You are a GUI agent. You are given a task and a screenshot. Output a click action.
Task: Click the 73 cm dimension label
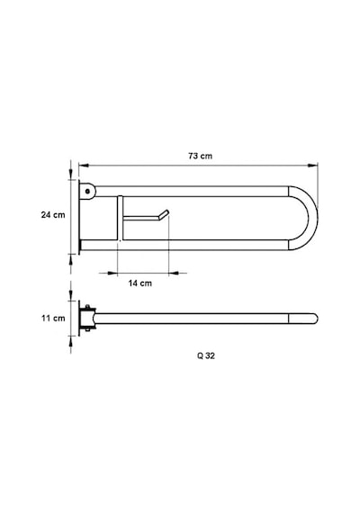[x=200, y=156]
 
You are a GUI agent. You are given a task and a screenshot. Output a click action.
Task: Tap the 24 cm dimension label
[x=53, y=215]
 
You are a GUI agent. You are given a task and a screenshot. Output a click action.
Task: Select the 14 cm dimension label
[x=140, y=283]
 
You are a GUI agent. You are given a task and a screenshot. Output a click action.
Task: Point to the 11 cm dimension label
[x=53, y=318]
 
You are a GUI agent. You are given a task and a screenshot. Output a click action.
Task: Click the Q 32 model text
[x=206, y=355]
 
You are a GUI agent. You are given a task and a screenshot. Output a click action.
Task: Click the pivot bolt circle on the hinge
[x=87, y=192]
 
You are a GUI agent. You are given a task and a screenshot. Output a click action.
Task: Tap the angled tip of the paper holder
[x=164, y=214]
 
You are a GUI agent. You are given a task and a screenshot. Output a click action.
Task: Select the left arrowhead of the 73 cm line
[x=84, y=166]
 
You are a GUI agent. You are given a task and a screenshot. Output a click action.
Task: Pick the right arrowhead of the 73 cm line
[x=312, y=166]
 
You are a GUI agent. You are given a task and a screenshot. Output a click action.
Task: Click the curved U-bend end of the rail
[x=313, y=218]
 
